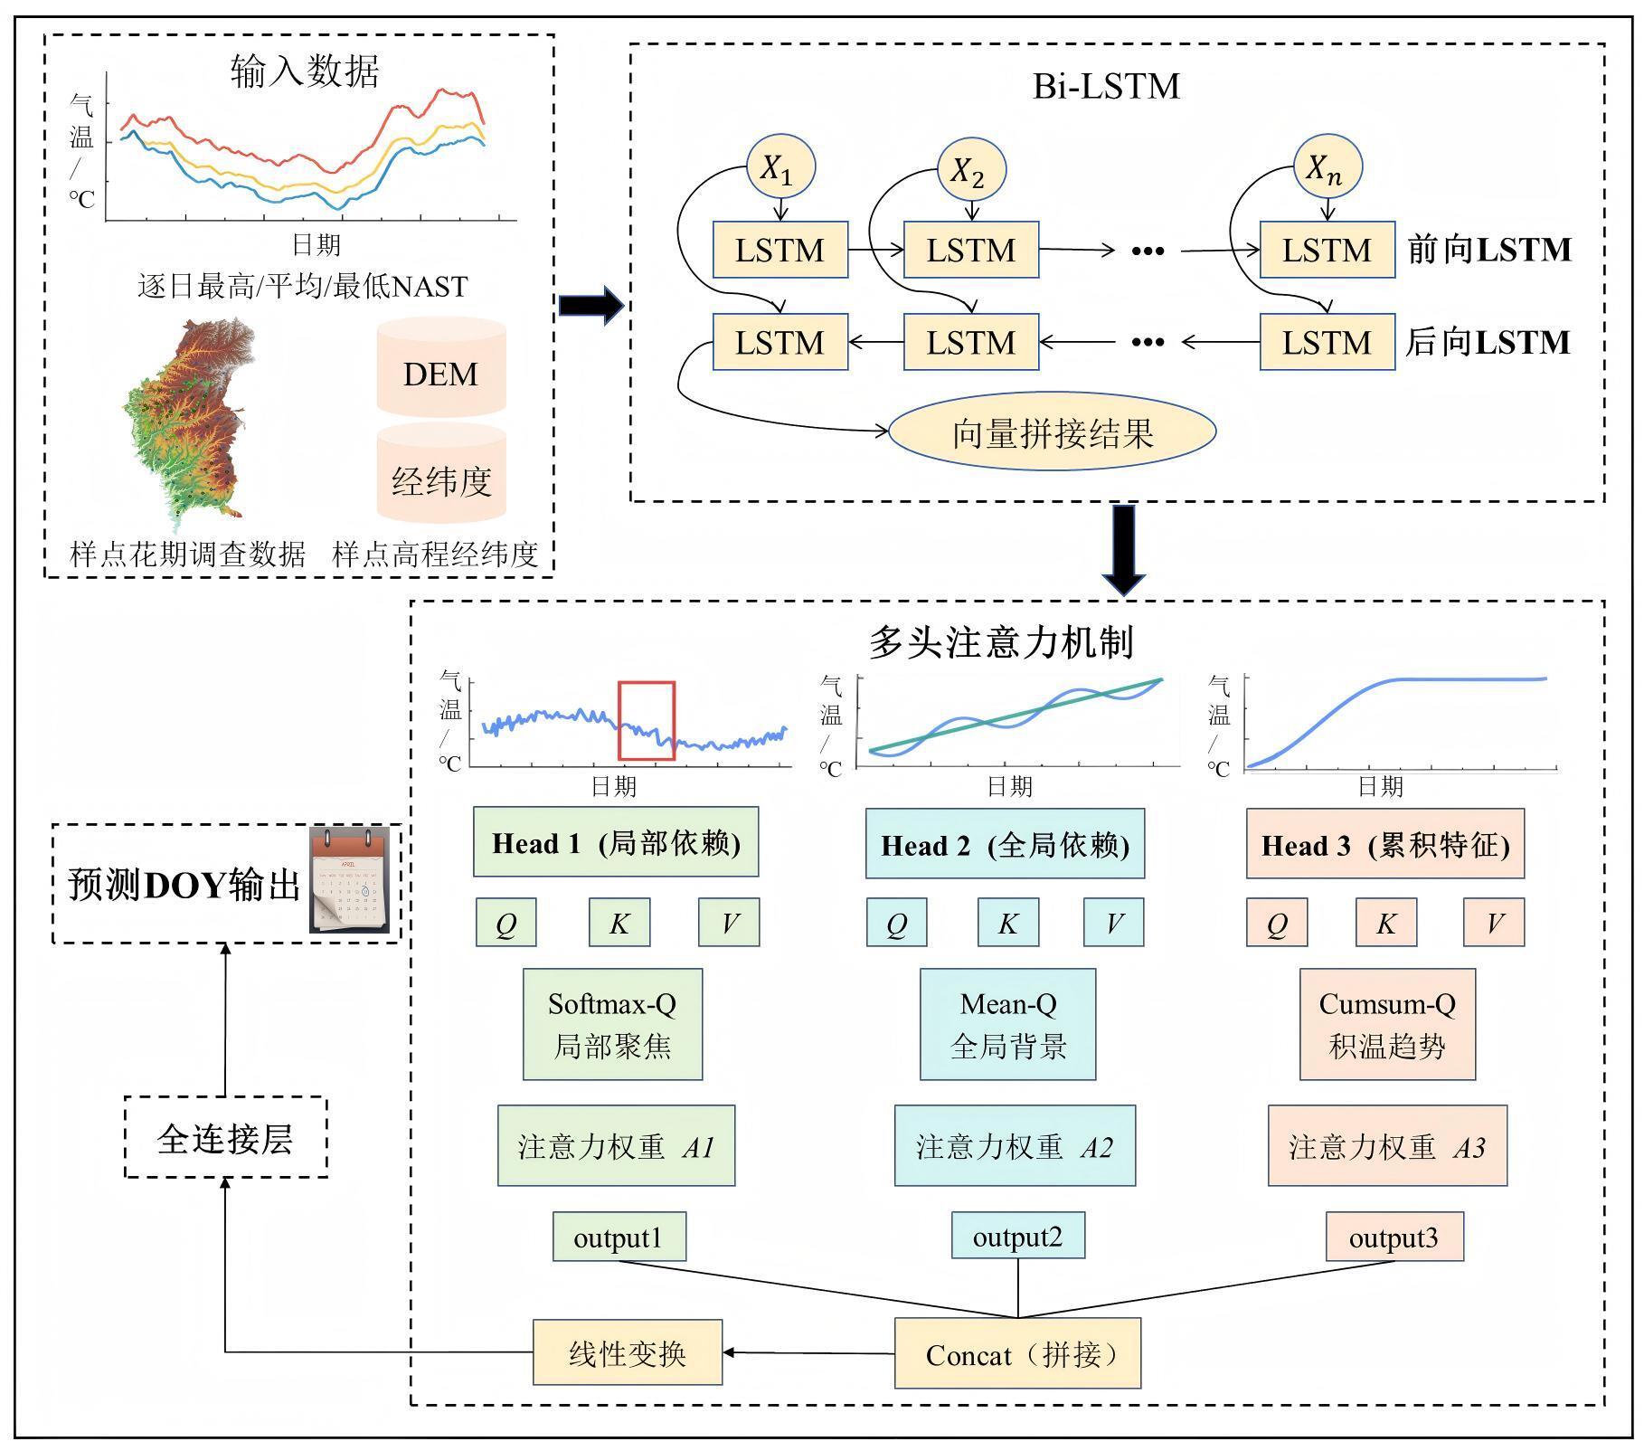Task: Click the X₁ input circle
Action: [x=780, y=167]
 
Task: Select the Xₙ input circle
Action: [x=1327, y=167]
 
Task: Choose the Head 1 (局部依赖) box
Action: [x=616, y=843]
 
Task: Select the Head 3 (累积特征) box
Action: [x=1385, y=844]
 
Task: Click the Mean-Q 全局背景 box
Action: [x=1007, y=1025]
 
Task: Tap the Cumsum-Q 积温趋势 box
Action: [x=1387, y=1025]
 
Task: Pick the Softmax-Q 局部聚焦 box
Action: [x=612, y=1025]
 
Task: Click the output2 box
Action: [x=1017, y=1236]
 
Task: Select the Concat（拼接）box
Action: [x=1017, y=1353]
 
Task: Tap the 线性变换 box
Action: [x=628, y=1352]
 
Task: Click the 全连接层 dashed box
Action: [x=225, y=1138]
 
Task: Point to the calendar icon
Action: [x=350, y=880]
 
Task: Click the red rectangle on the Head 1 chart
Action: [x=647, y=721]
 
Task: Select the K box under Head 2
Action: [x=1007, y=923]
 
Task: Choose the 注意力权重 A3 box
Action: [x=1387, y=1146]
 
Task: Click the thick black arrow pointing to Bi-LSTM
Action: [x=591, y=306]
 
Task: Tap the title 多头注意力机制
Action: [x=1001, y=642]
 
